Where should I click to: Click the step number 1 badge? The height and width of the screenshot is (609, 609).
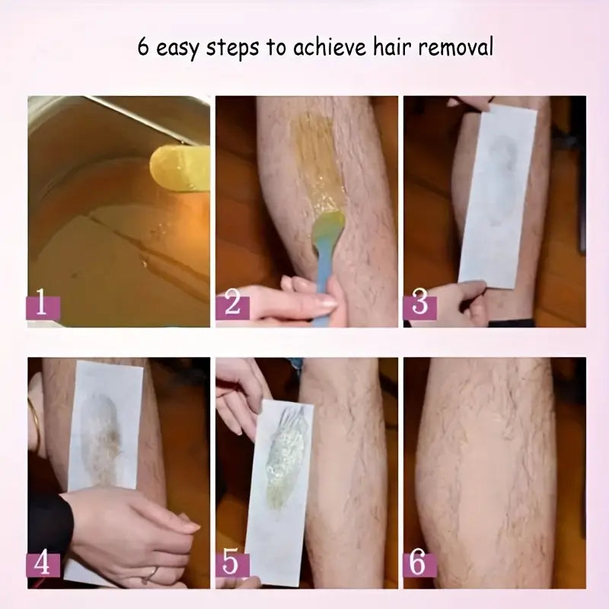[x=43, y=306]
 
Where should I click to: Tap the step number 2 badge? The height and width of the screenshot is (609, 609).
[x=232, y=306]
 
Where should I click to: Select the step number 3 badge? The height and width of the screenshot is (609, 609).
[x=419, y=304]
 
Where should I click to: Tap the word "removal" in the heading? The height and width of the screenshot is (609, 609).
[x=455, y=47]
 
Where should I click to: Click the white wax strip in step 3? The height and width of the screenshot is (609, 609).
[x=499, y=198]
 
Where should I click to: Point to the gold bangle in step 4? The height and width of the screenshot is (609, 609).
[x=33, y=422]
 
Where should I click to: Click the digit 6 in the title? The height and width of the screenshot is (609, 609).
[x=143, y=47]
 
